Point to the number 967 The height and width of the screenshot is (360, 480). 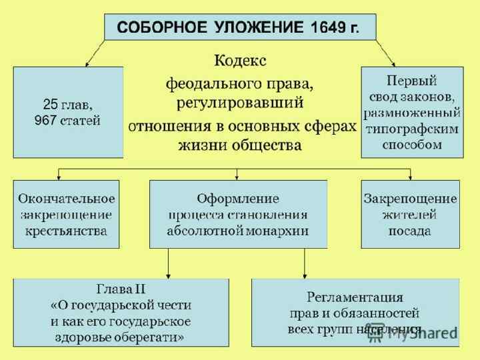pos(45,121)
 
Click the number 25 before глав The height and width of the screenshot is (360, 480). pos(50,105)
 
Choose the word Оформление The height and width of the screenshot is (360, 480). pos(238,199)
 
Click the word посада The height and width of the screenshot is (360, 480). pos(410,231)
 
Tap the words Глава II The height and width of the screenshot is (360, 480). pos(121,289)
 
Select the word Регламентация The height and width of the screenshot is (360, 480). pos(355,297)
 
